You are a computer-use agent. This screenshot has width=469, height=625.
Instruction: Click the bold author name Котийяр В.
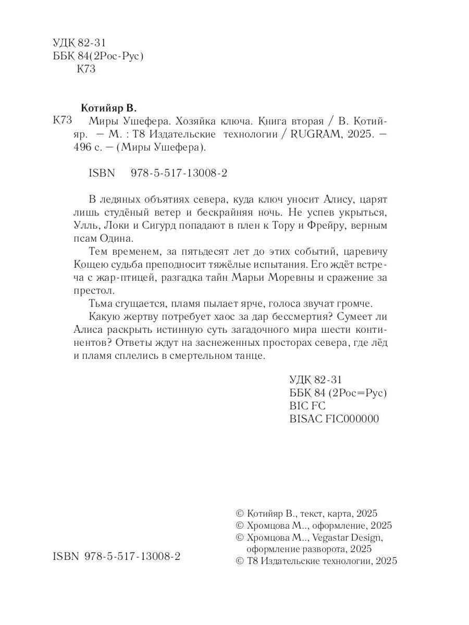click(x=108, y=108)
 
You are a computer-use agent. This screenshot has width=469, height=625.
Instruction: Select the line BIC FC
click(x=307, y=406)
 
